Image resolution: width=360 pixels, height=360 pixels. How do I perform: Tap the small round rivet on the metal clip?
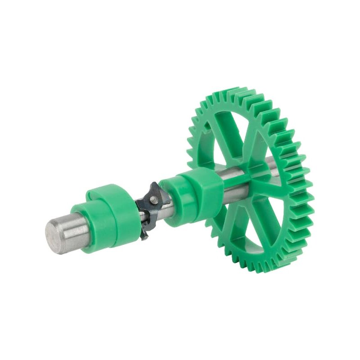coord(153,198)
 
